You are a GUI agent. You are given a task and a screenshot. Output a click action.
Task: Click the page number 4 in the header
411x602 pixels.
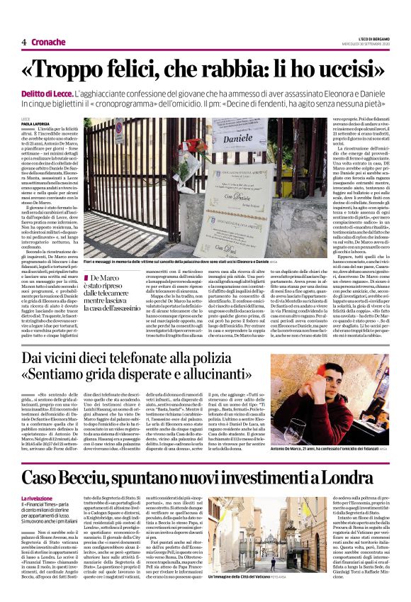[23, 43]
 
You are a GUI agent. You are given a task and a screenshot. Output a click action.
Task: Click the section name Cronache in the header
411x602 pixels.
[48, 43]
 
